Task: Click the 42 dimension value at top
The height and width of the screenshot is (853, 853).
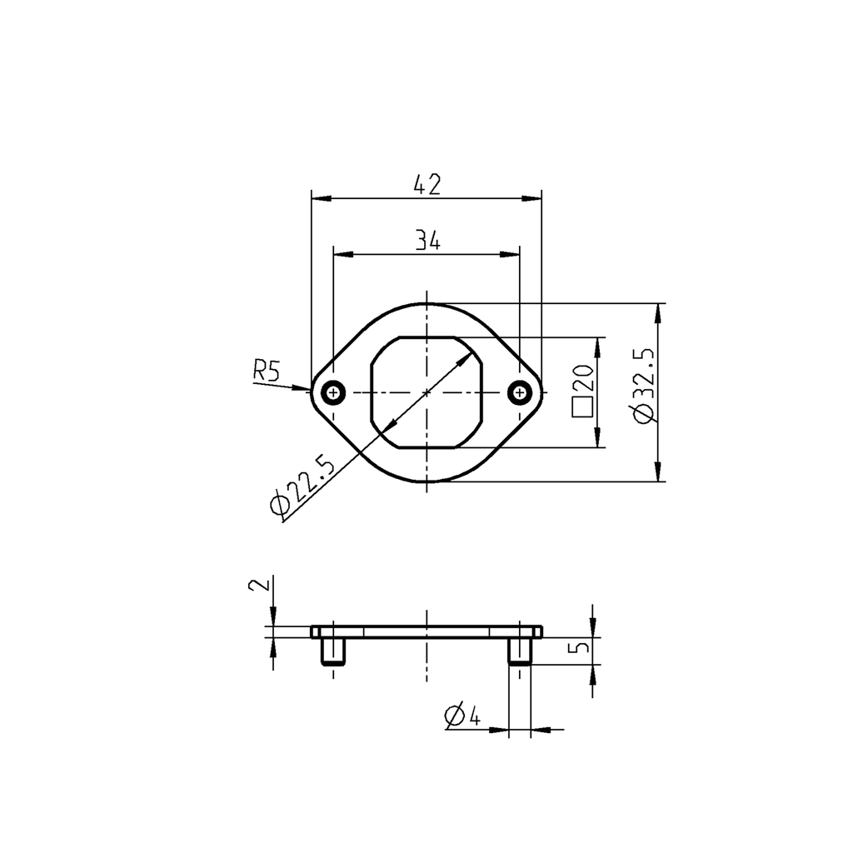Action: [x=426, y=184]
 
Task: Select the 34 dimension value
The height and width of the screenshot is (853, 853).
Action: [x=426, y=241]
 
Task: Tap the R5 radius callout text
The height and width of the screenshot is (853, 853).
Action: [x=267, y=371]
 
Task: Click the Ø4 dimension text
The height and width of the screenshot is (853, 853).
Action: [x=463, y=715]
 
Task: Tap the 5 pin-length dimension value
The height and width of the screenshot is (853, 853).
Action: [x=582, y=646]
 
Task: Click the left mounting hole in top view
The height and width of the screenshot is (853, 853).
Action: [x=333, y=391]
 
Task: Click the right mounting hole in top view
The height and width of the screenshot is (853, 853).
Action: [x=520, y=391]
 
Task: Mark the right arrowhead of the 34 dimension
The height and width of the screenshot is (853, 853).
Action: [x=511, y=254]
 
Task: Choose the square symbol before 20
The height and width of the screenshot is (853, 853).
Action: [x=581, y=407]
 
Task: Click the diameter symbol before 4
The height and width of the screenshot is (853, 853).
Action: [x=454, y=716]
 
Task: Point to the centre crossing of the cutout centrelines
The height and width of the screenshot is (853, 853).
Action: [x=426, y=391]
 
